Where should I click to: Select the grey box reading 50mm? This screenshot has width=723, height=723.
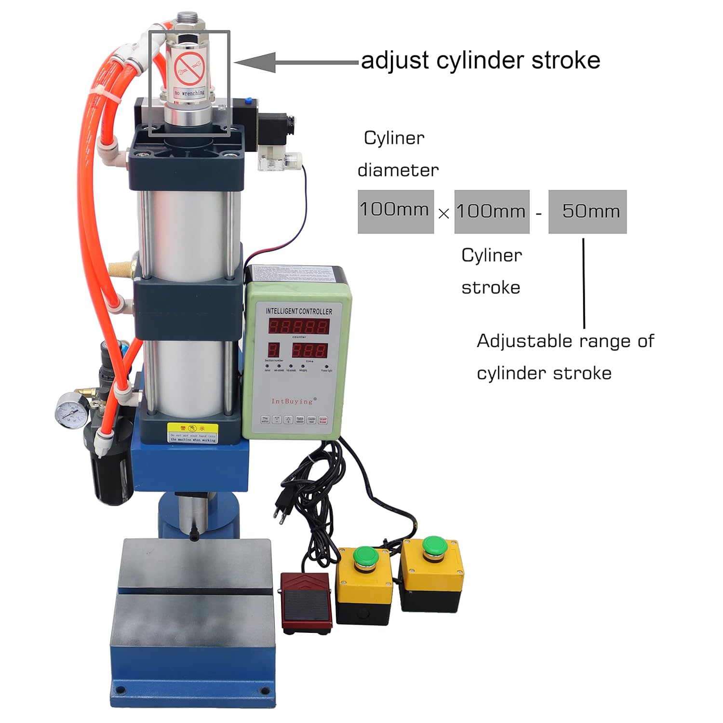588,212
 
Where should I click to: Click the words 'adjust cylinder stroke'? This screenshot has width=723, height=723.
481,61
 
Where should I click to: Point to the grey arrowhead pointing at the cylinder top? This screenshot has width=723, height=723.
255,62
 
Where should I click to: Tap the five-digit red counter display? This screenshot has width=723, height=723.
298,326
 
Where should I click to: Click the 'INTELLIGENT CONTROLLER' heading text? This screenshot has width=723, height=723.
299,311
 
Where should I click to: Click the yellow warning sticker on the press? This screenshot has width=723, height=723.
192,432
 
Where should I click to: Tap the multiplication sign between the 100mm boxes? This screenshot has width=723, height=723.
444,213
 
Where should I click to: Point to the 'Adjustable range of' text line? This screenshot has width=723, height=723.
565,341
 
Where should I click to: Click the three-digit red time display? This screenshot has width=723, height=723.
309,350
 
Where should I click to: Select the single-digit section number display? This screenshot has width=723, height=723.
273,350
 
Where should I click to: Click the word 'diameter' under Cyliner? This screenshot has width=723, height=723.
398,170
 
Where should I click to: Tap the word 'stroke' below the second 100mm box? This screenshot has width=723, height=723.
491,288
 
